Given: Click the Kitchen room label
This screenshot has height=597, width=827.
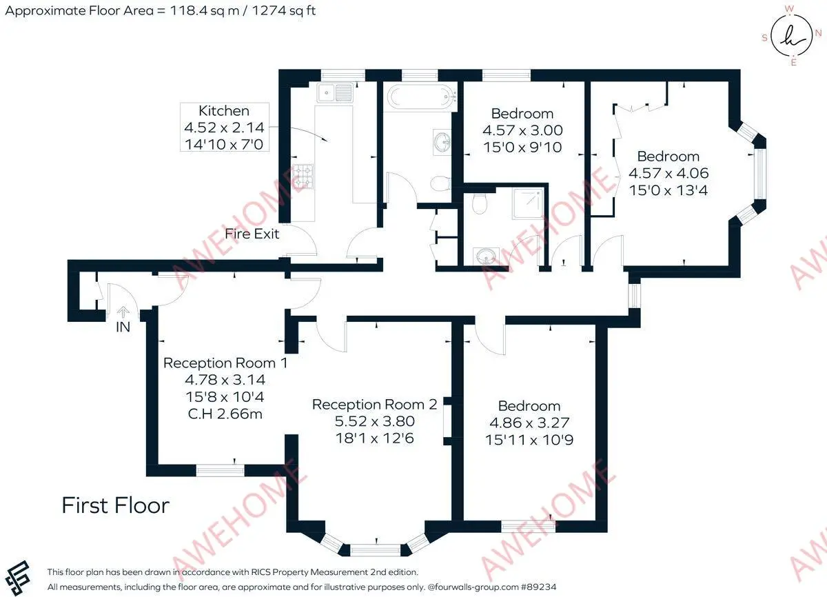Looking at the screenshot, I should click(x=224, y=111).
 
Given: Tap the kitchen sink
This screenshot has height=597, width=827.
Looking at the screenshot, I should click(x=335, y=91).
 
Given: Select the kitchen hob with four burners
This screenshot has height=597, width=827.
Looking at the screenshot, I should click(x=304, y=176).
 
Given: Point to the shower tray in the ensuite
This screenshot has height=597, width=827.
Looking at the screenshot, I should click(x=528, y=202).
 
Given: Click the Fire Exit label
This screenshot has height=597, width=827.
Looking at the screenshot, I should click(x=252, y=234).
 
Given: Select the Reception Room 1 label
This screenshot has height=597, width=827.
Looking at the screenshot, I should click(x=225, y=363).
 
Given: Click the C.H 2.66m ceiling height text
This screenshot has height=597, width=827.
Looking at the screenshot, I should click(x=225, y=414).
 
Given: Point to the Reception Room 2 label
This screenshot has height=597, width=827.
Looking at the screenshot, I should click(x=374, y=405).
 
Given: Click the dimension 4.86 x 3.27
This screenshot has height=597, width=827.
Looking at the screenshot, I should click(x=529, y=422).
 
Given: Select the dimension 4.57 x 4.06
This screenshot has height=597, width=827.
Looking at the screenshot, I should click(x=668, y=173).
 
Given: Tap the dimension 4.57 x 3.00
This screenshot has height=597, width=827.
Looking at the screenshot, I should click(x=522, y=130).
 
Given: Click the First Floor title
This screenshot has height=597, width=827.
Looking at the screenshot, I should click(x=115, y=505).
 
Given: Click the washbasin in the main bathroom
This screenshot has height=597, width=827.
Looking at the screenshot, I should click(x=442, y=141).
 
